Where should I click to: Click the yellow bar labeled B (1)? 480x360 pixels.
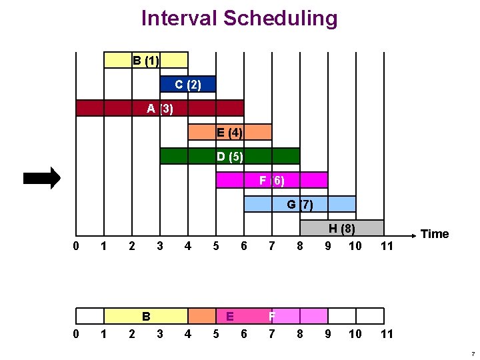(146, 60)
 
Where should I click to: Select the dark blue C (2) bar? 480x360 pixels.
(188, 84)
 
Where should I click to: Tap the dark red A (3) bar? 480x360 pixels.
(160, 108)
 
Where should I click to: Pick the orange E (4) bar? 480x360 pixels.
(230, 132)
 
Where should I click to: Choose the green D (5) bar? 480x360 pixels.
(230, 156)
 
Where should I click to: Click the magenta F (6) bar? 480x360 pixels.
(272, 180)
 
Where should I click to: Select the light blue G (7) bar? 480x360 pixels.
(300, 204)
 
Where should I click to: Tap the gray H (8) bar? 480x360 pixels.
(342, 228)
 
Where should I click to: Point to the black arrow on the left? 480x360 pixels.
(42, 178)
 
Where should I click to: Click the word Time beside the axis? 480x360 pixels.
(435, 234)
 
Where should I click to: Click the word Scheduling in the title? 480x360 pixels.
(281, 19)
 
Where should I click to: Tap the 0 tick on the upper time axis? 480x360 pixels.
(76, 246)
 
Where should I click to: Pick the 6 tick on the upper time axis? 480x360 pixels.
(244, 246)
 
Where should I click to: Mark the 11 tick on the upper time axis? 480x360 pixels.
(387, 246)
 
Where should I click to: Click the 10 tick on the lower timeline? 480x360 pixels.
(355, 334)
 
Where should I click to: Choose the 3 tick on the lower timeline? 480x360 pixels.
(160, 334)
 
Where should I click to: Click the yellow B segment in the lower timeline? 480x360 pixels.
(146, 316)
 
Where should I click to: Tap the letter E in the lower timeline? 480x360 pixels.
(230, 316)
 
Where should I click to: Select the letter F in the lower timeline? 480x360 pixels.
(272, 316)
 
